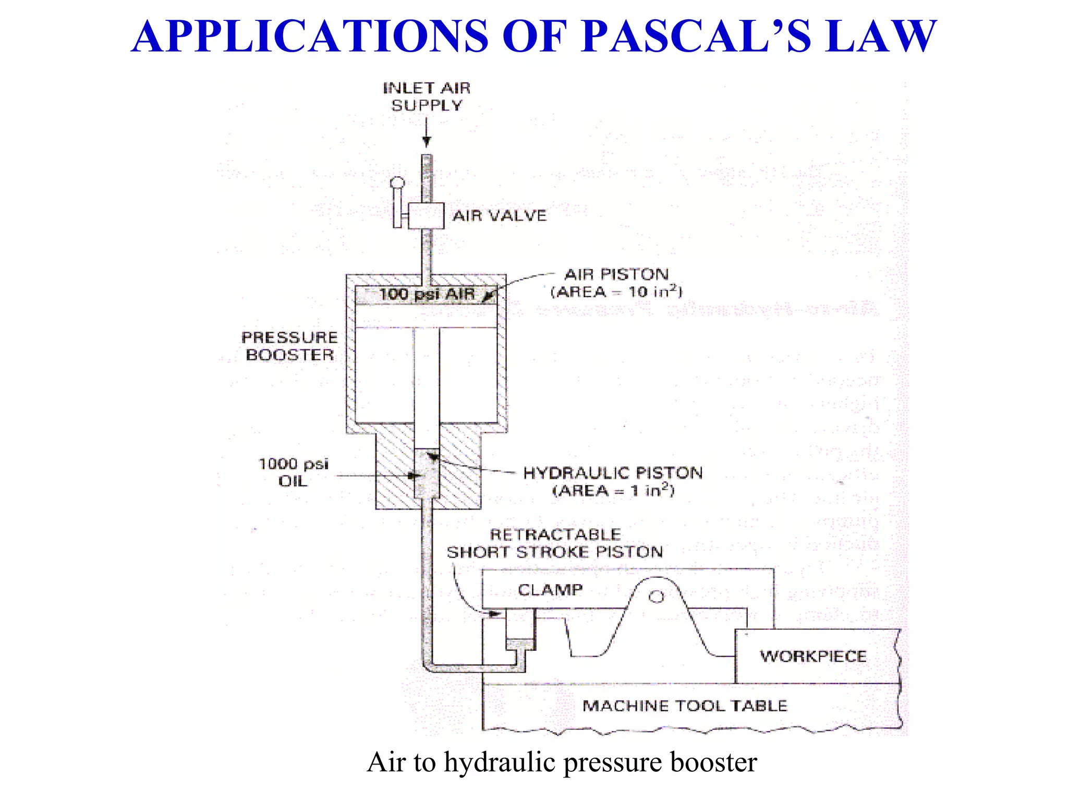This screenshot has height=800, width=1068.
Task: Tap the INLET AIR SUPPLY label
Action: [x=427, y=96]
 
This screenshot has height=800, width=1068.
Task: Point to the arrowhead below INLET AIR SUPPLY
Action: [x=427, y=141]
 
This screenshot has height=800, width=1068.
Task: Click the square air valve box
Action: [x=426, y=215]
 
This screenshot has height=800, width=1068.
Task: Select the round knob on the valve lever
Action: [x=397, y=183]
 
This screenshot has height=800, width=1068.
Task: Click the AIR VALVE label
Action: [x=499, y=215]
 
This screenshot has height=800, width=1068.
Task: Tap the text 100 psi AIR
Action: [x=427, y=294]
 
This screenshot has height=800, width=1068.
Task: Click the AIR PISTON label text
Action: [x=616, y=274]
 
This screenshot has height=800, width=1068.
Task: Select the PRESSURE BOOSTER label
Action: [x=289, y=346]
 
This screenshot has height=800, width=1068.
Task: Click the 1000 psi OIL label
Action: [x=294, y=472]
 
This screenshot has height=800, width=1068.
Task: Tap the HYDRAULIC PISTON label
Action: [x=613, y=473]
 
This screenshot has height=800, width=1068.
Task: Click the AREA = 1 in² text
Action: [x=613, y=490]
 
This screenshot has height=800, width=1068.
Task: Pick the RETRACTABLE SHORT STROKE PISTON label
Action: [x=555, y=543]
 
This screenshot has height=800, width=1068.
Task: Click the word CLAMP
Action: [x=550, y=590]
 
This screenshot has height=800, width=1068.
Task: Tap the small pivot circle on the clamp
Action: [x=657, y=596]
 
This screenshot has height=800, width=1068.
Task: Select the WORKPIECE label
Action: [x=813, y=656]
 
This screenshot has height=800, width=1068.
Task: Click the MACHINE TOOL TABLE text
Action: [x=684, y=706]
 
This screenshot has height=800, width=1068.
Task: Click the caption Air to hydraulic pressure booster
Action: [x=562, y=762]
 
